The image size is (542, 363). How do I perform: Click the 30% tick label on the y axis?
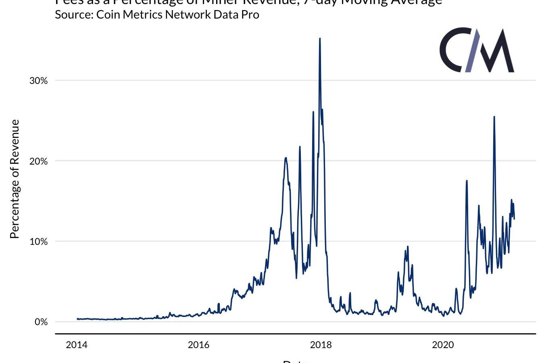[38, 81]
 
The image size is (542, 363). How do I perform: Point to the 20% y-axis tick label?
[38, 161]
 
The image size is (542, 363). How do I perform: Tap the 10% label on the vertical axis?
[38, 242]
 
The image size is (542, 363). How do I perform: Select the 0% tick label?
[41, 322]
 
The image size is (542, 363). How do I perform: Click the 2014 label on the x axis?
[76, 345]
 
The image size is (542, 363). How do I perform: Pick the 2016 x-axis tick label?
[198, 345]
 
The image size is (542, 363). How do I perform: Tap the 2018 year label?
[321, 345]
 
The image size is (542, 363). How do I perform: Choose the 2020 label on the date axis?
[443, 345]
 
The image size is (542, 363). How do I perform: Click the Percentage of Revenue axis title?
[15, 179]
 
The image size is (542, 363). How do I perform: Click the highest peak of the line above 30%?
[320, 39]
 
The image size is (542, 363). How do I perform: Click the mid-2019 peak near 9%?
[408, 246]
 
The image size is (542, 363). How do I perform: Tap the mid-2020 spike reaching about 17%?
[467, 181]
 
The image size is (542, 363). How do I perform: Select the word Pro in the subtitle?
[250, 15]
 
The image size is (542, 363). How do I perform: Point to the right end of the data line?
[514, 219]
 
